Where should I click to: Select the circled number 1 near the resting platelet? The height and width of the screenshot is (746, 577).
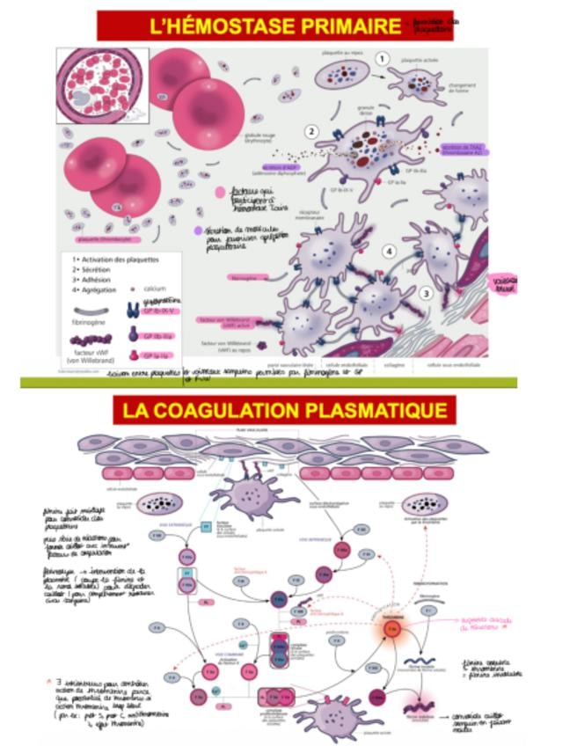point(382,58)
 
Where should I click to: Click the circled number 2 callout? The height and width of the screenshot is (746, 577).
point(311,131)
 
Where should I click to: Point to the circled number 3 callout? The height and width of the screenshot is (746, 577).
point(426,293)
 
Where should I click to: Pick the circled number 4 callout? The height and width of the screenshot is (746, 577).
point(387,251)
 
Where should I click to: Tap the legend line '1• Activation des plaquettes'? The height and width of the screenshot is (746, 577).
point(113,260)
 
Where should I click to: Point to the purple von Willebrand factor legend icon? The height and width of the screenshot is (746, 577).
point(91,340)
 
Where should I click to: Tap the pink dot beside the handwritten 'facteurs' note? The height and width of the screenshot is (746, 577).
point(219,192)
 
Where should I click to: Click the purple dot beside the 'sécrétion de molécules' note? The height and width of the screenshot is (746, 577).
point(198,230)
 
